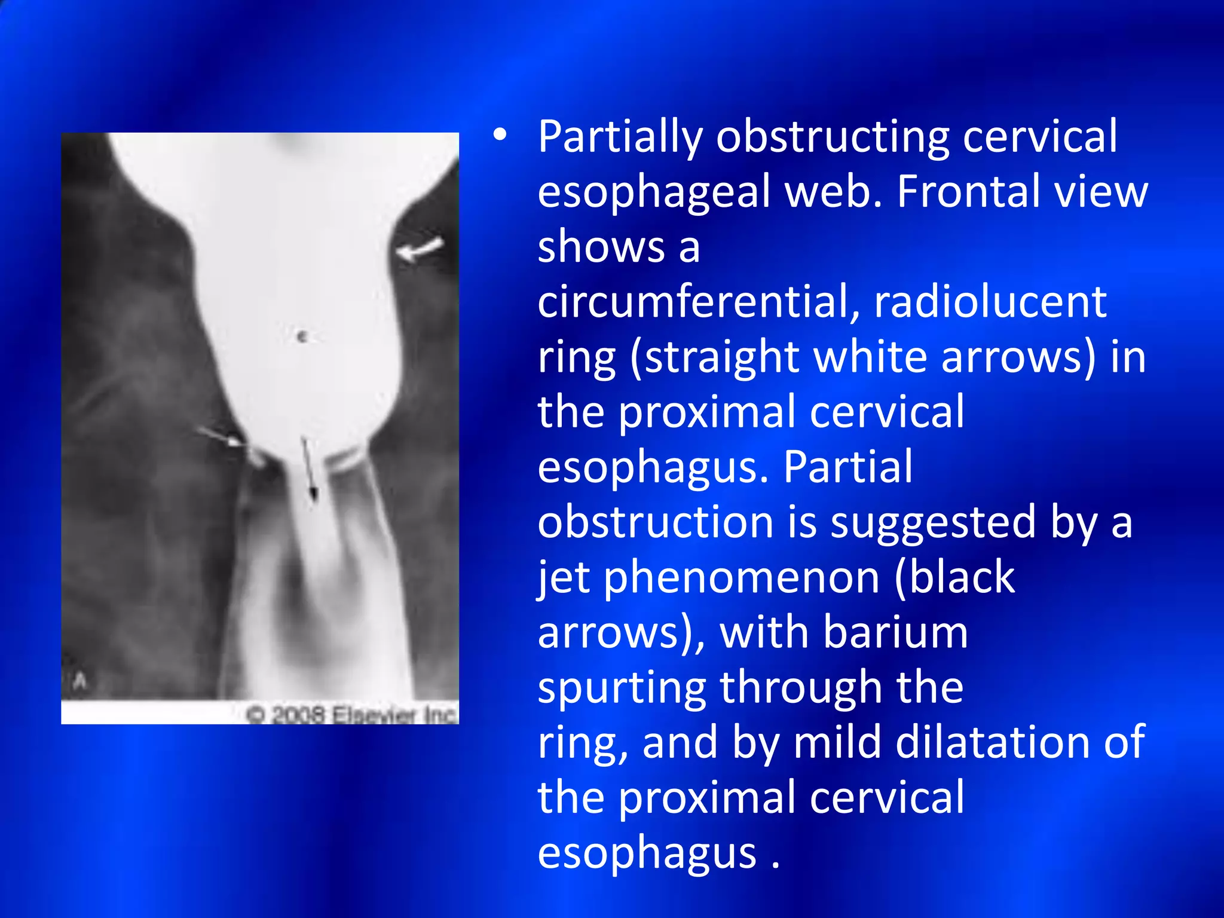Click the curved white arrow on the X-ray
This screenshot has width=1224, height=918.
tap(420, 249)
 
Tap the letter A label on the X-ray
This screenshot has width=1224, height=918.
tap(81, 680)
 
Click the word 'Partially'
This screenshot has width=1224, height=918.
tap(620, 137)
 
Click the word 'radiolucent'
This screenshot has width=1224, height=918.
tap(990, 302)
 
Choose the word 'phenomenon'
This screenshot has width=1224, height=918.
tap(741, 578)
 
